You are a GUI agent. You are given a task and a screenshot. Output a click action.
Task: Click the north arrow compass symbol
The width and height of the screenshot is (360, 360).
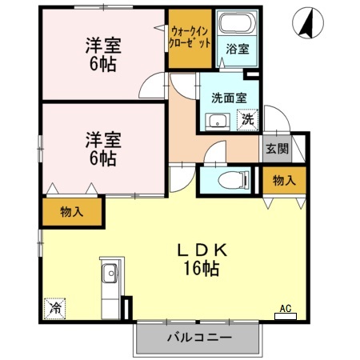pos(304,22)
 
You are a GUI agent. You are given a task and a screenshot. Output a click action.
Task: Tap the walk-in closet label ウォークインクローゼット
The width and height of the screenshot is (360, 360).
pos(190,37)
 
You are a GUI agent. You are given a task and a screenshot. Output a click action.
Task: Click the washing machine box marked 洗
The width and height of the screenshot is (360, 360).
pos(248,119)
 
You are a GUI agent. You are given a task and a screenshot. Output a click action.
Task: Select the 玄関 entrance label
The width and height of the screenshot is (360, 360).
pos(276,148)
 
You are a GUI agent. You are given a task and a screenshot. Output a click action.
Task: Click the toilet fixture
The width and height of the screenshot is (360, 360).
pos(227,179)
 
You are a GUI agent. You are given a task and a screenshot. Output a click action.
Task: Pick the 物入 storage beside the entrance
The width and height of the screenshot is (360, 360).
pos(283,181)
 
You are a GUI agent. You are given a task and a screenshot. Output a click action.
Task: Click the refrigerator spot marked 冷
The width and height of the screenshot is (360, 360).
pos(57,306)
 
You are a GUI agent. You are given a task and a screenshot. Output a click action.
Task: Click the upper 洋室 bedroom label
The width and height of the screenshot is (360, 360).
pos(102,46)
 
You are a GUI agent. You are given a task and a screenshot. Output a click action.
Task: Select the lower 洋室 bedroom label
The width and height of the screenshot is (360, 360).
pos(102,139)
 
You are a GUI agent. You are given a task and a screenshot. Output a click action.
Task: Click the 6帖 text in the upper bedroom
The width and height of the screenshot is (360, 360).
pos(102,64)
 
